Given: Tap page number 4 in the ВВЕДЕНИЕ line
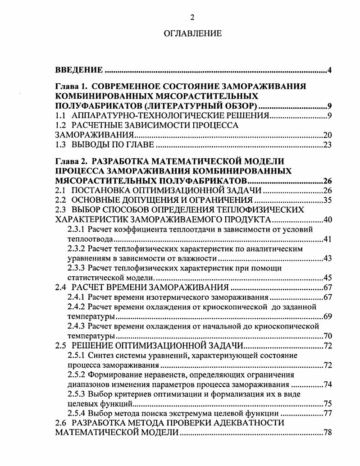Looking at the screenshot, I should [x=330, y=70].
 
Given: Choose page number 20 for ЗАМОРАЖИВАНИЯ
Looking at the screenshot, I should [x=328, y=135].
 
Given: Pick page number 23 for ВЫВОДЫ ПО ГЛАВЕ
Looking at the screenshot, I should [x=328, y=145].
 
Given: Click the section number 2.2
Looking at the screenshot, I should [x=60, y=200].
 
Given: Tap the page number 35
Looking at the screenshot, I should [x=328, y=200].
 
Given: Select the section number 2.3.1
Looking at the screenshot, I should [x=76, y=229].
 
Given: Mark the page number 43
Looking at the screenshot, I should [x=328, y=258].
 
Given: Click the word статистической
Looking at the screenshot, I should [x=90, y=278].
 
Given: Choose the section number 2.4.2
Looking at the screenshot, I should [x=76, y=307].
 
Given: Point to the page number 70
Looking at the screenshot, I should [x=328, y=336].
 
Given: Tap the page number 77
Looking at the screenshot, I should [x=328, y=413].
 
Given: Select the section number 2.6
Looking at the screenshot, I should [x=60, y=423].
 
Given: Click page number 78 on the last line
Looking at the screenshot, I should [x=328, y=433].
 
